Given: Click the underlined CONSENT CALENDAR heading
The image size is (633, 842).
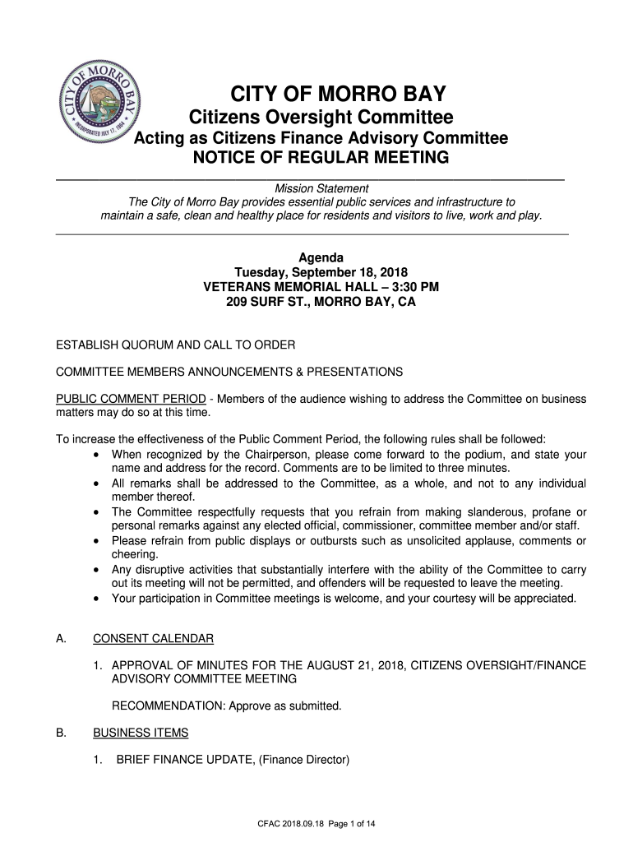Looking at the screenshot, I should coord(154,639).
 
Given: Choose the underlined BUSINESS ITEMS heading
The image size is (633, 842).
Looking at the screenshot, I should coord(141,733).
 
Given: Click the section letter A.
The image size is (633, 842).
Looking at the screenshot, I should coord(60,639).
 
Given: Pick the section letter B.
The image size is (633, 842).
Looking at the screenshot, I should coord(60,733).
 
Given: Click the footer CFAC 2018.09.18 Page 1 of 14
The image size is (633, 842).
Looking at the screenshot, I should coord(316,823).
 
